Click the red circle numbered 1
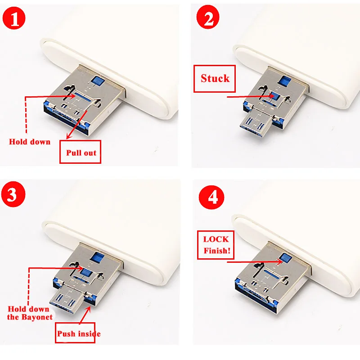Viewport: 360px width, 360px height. tap(15, 19)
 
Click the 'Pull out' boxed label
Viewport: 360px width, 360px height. tap(81, 153)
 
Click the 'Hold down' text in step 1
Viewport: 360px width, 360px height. tap(30, 142)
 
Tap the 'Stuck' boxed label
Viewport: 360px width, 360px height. tap(215, 78)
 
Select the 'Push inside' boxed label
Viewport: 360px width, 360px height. tap(79, 333)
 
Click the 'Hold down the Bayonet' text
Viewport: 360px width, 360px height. tap(30, 313)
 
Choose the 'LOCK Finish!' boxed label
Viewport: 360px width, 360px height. tap(216, 245)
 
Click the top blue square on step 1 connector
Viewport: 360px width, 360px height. tap(95, 81)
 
